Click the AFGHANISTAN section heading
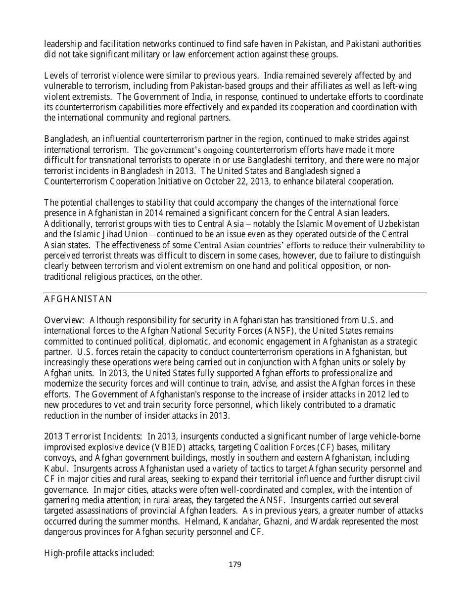pyautogui.click(x=78, y=299)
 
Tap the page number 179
pyautogui.click(x=235, y=565)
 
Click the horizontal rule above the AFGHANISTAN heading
pyautogui.click(x=235, y=293)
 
